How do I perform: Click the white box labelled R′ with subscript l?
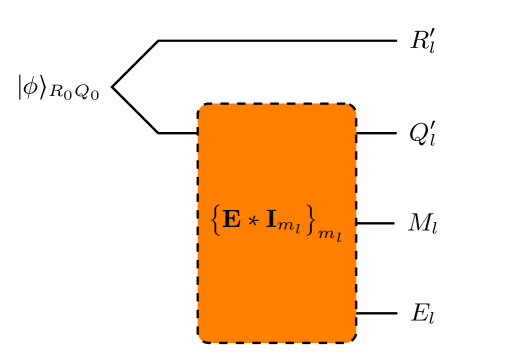point(422,41)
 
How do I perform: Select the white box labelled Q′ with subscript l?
point(422,133)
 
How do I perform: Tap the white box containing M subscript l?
point(422,223)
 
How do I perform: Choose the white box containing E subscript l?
point(422,313)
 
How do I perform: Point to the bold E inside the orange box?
point(231,219)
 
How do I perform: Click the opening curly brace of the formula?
point(215,220)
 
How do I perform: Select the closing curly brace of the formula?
point(311,220)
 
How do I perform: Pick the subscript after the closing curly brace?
point(330,236)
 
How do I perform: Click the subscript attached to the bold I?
point(288,226)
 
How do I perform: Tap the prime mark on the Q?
point(431,125)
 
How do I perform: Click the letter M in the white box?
point(418,223)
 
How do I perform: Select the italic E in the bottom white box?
point(419,313)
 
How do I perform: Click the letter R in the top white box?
point(418,41)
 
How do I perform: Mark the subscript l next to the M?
point(434,229)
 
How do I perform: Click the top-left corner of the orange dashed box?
point(200,106)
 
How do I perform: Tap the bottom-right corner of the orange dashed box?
point(355,340)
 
